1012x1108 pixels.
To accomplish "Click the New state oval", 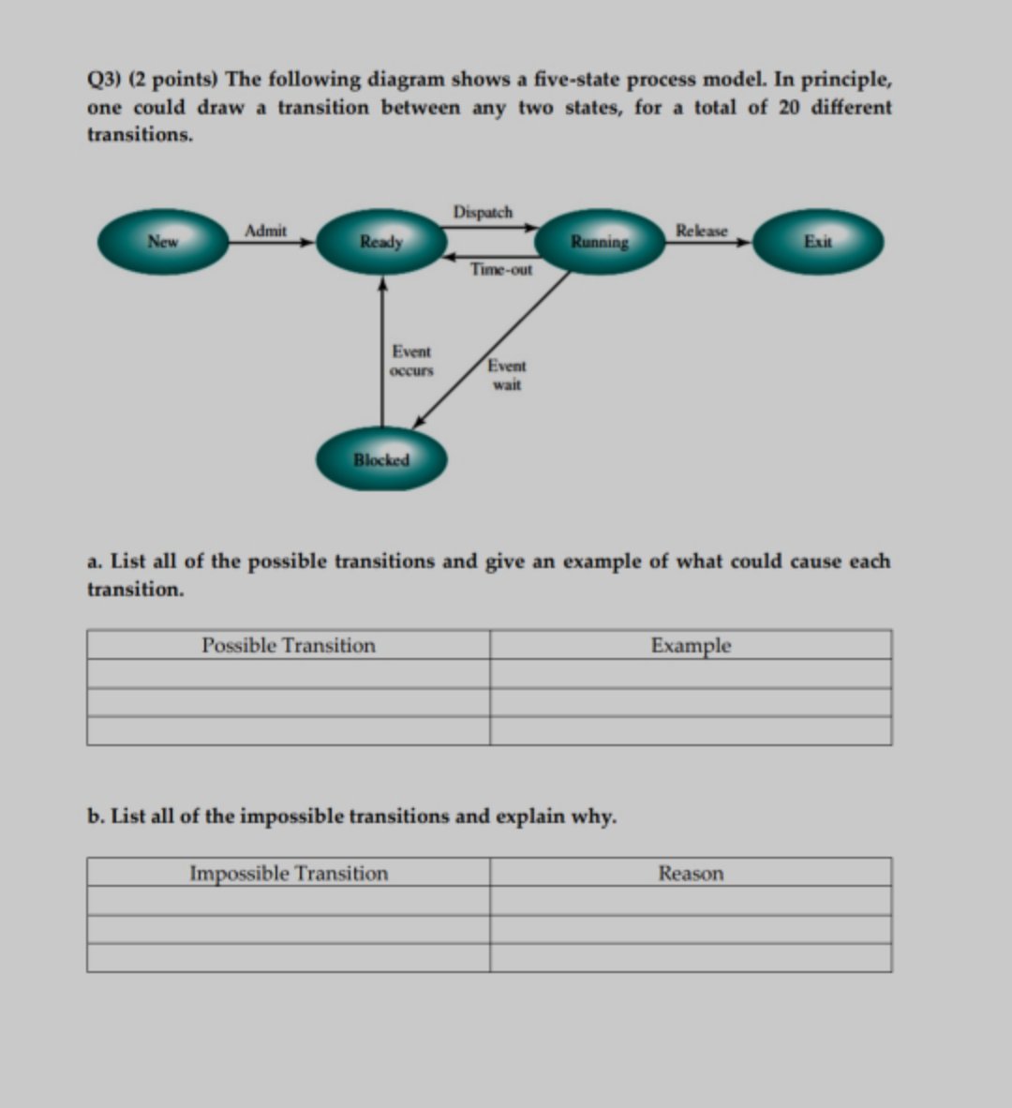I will pos(163,242).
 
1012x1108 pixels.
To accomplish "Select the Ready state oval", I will pos(381,242).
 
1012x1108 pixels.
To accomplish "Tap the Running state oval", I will pos(600,242).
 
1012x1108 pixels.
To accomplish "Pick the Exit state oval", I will pos(817,242).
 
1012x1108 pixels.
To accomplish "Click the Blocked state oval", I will pos(381,459).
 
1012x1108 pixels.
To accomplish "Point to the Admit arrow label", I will pos(265,231).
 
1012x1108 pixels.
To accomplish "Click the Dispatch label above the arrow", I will pos(483,212).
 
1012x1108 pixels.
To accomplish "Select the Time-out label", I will pos(501,270).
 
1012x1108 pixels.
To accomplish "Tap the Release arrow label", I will pos(701,231).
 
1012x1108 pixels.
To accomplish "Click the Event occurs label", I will pos(411,361).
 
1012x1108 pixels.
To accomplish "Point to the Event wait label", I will pos(507,375).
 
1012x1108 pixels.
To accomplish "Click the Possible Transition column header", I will pos(289,645).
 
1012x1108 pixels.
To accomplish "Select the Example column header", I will pos(691,645).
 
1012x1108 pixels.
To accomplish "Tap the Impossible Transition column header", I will pos(289,873).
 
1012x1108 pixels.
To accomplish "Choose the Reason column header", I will pos(691,873).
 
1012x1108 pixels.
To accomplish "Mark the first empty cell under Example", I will pos(691,674).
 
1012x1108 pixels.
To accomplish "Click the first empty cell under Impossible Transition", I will pos(289,901).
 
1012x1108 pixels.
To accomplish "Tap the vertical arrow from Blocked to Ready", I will pos(381,352).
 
